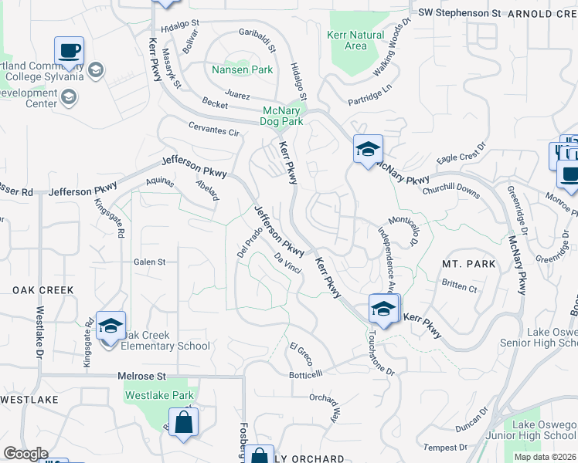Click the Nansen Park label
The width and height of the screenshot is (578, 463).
242,69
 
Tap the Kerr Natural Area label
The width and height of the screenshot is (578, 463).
355,40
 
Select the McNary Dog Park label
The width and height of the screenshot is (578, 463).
283,116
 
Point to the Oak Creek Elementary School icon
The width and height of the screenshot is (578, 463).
110,326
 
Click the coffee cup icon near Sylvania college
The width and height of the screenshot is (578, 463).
69,52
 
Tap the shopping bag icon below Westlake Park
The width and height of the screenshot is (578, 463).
183,422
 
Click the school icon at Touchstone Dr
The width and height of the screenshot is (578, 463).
382,309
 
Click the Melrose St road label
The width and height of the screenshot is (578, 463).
142,376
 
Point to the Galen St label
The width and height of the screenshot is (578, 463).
149,262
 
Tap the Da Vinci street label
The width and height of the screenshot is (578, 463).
287,264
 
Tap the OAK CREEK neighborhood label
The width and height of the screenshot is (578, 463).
42,290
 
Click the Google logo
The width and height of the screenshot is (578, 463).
25,454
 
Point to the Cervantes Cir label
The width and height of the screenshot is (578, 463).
213,127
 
